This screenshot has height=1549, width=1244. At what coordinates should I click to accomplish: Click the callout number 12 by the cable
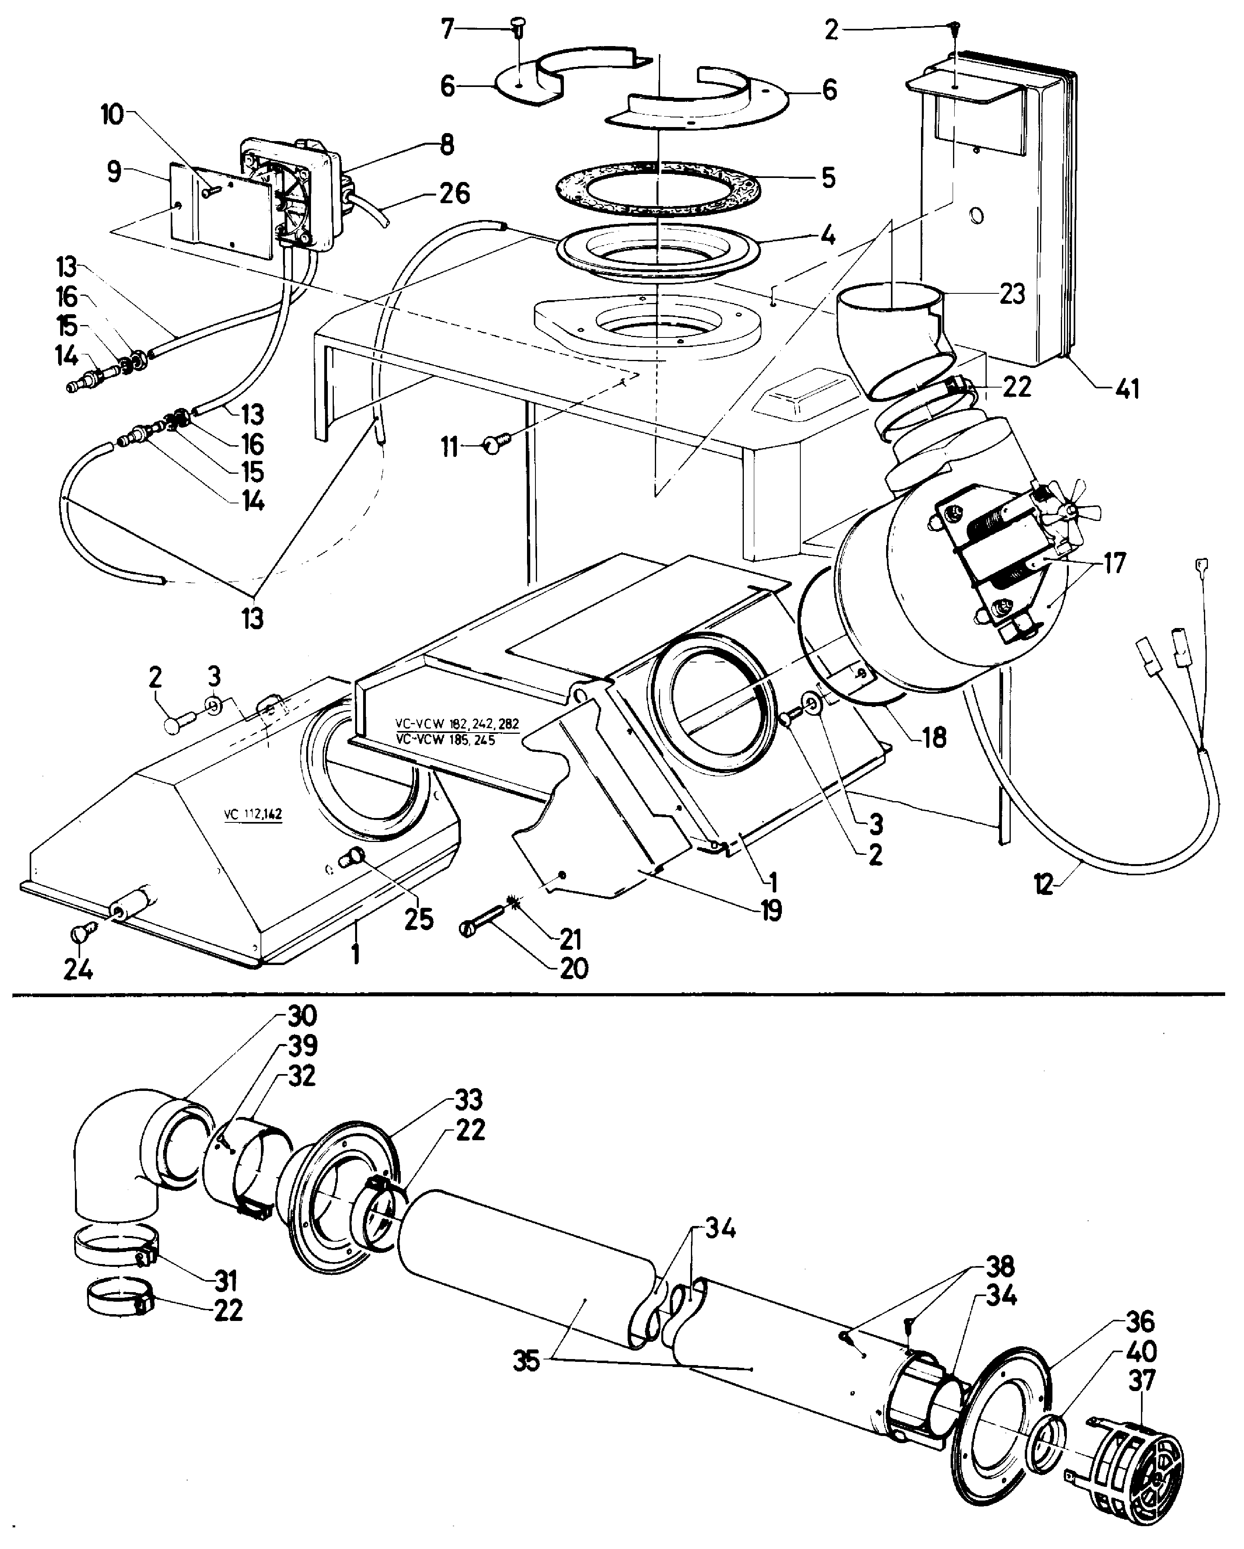coord(1044,884)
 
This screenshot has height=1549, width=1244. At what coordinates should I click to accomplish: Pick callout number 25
coord(419,919)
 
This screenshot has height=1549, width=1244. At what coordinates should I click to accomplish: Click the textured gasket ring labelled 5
coord(658,189)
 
